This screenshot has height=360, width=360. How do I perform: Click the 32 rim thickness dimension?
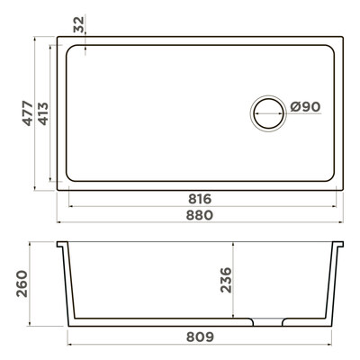click(79, 24)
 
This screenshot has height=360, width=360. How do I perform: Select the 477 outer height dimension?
click(28, 113)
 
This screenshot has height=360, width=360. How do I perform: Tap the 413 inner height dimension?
click(43, 113)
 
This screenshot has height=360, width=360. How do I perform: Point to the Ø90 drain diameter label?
click(305, 107)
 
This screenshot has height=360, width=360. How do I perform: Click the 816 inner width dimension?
click(200, 199)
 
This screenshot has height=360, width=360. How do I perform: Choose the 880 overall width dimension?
click(200, 215)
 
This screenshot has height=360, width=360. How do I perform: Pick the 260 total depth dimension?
click(22, 283)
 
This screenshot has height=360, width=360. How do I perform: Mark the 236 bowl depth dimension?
click(226, 280)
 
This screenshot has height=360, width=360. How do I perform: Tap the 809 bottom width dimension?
click(200, 337)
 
